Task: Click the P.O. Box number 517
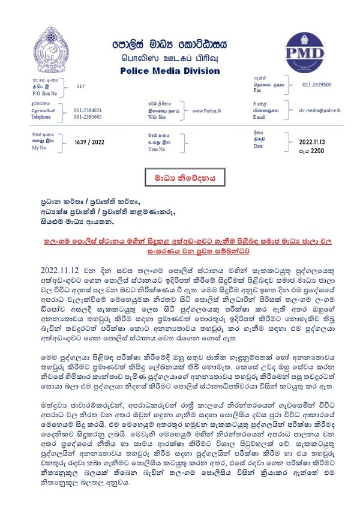tap(80, 86)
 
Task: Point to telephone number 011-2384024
tap(88, 110)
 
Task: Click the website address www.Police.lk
tap(208, 110)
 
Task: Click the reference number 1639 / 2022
tap(89, 142)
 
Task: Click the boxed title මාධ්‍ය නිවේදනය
tap(180, 178)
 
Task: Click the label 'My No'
tap(39, 148)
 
